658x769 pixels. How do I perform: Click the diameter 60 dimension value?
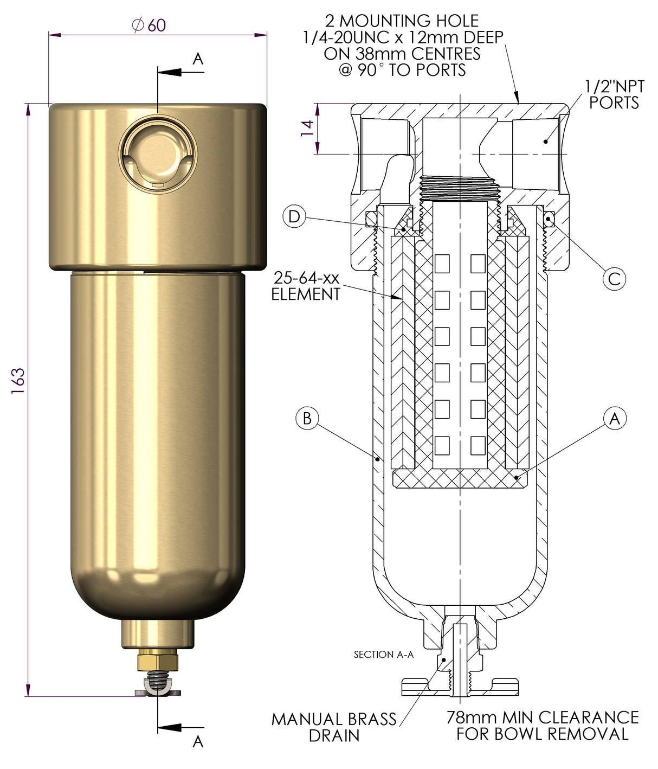pyautogui.click(x=149, y=25)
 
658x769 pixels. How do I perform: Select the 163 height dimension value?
pyautogui.click(x=18, y=381)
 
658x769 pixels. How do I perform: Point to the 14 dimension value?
pyautogui.click(x=307, y=128)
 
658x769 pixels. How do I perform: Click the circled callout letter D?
pyautogui.click(x=294, y=217)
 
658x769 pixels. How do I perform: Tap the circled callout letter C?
pyautogui.click(x=614, y=279)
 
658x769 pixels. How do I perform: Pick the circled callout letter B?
pyautogui.click(x=307, y=419)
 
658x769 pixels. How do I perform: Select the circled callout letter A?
pyautogui.click(x=615, y=419)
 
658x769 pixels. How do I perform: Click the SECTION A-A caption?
pyautogui.click(x=383, y=655)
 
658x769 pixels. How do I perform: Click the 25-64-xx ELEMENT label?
pyautogui.click(x=306, y=286)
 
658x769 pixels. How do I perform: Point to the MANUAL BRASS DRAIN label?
pyautogui.click(x=334, y=727)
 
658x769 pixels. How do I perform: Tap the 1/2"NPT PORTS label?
pyautogui.click(x=614, y=94)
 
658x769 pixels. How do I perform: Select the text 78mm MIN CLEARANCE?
pyautogui.click(x=543, y=717)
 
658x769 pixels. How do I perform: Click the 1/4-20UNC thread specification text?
pyautogui.click(x=403, y=37)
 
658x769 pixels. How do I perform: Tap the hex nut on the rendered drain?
pyautogui.click(x=158, y=662)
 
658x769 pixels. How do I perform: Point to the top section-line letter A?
pyautogui.click(x=198, y=59)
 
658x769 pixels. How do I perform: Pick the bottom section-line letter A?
pyautogui.click(x=198, y=741)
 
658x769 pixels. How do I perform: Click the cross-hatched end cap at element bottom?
pyautogui.click(x=459, y=479)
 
